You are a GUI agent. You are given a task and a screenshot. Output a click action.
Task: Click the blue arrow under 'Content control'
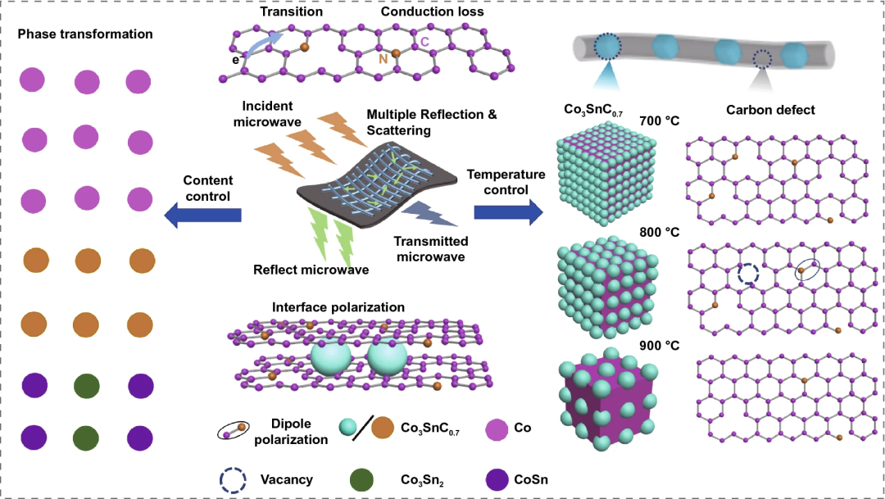(x=203, y=215)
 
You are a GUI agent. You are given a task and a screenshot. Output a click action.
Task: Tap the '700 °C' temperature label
(x=660, y=120)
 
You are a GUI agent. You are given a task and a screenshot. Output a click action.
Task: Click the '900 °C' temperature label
(x=660, y=345)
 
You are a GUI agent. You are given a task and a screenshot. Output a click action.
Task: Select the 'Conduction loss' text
(x=432, y=13)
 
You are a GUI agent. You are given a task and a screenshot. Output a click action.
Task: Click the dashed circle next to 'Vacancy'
(x=232, y=479)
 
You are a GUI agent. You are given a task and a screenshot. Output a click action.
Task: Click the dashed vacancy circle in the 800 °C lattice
(x=748, y=273)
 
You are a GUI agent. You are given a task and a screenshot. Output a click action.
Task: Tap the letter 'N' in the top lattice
(x=382, y=60)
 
